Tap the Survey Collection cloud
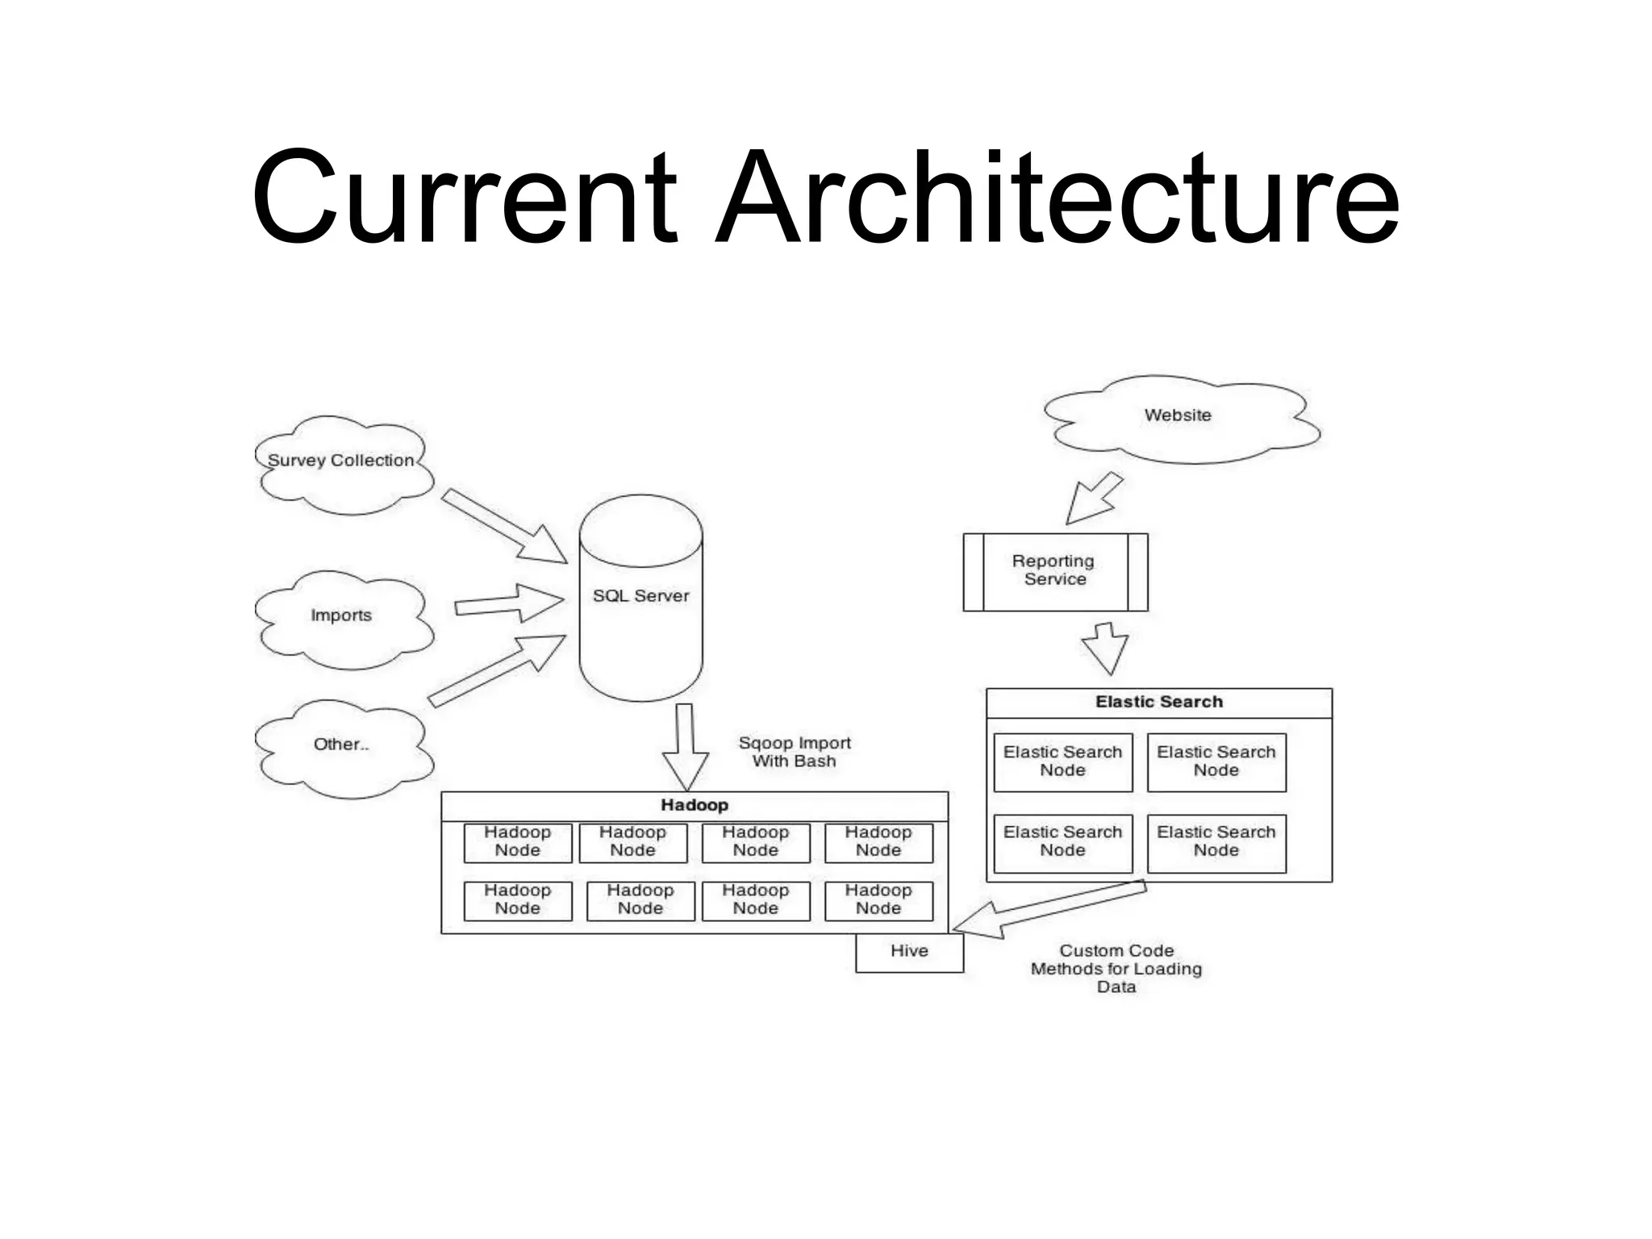coord(343,463)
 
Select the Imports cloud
coord(342,617)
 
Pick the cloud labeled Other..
coord(342,746)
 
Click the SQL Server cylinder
coord(641,597)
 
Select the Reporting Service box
coord(1054,571)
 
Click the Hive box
coord(909,952)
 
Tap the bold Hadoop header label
coord(695,806)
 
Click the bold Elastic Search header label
coord(1159,703)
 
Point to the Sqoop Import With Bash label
coord(795,752)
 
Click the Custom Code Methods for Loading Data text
coord(1116,969)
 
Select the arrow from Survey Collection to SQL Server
coord(504,526)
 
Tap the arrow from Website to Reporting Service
coord(1092,499)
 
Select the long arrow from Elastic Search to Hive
coord(1049,908)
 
